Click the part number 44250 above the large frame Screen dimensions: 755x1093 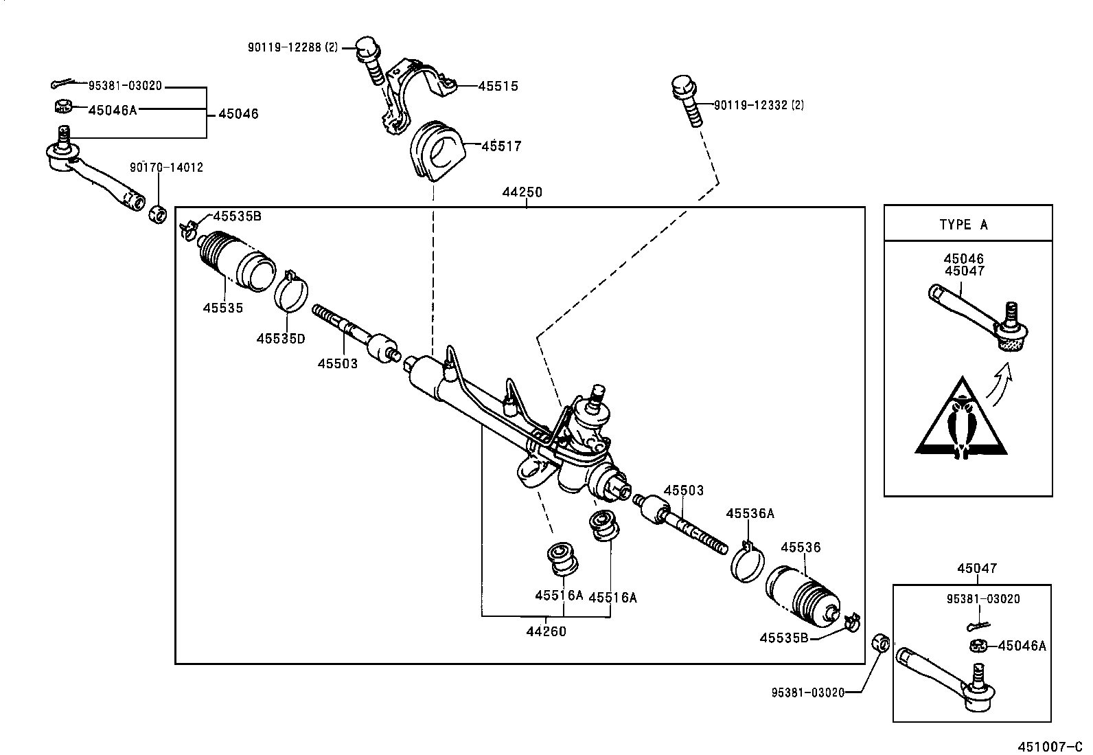coord(522,193)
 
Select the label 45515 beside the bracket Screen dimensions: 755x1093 coord(498,87)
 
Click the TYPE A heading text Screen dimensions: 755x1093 coord(963,225)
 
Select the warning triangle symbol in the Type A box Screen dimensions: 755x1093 coord(961,420)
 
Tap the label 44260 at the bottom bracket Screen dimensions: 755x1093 coord(546,631)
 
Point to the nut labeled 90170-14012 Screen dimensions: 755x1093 coord(158,213)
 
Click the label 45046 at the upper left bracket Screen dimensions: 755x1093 coord(238,114)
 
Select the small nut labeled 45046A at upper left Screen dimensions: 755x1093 coord(64,106)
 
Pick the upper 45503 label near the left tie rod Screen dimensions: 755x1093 coord(337,363)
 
